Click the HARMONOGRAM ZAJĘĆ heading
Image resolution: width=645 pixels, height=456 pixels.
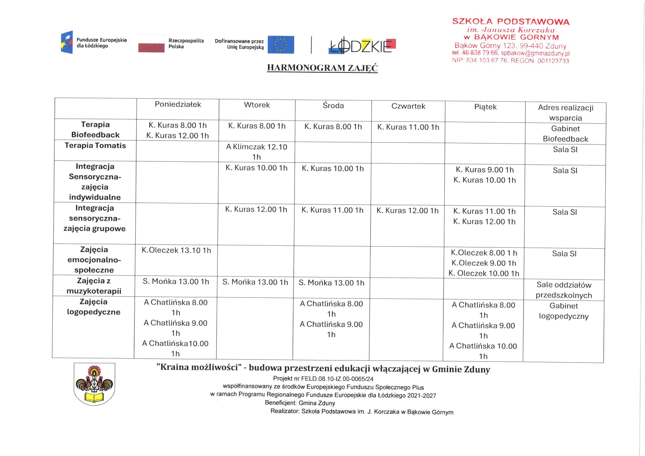pyautogui.click(x=322, y=68)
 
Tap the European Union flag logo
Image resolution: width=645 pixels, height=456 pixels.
pyautogui.click(x=281, y=45)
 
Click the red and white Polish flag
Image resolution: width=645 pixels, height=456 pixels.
pyautogui.click(x=151, y=44)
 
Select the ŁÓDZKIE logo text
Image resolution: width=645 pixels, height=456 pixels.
pyautogui.click(x=363, y=46)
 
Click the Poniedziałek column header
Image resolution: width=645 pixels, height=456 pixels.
pyautogui.click(x=178, y=104)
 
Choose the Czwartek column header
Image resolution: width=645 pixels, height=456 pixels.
pyautogui.click(x=408, y=106)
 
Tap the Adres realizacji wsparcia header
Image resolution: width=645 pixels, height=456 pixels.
pyautogui.click(x=566, y=112)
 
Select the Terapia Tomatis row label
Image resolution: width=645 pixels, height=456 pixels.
pyautogui.click(x=95, y=146)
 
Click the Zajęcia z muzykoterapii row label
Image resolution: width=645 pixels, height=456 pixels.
pyautogui.click(x=94, y=286)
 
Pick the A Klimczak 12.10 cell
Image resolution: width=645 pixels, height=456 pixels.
pyautogui.click(x=257, y=152)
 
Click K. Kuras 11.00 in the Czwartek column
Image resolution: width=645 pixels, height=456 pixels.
pyautogui.click(x=408, y=127)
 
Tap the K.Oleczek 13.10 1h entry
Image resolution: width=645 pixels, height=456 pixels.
pyautogui.click(x=176, y=250)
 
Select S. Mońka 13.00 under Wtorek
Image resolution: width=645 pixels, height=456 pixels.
pyautogui.click(x=255, y=282)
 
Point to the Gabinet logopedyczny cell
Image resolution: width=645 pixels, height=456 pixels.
pyautogui.click(x=564, y=311)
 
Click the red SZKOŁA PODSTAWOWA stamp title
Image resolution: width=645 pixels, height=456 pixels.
pyautogui.click(x=511, y=22)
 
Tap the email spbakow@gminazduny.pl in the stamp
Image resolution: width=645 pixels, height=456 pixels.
pyautogui.click(x=535, y=53)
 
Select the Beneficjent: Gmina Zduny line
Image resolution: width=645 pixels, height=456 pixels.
pyautogui.click(x=300, y=403)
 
